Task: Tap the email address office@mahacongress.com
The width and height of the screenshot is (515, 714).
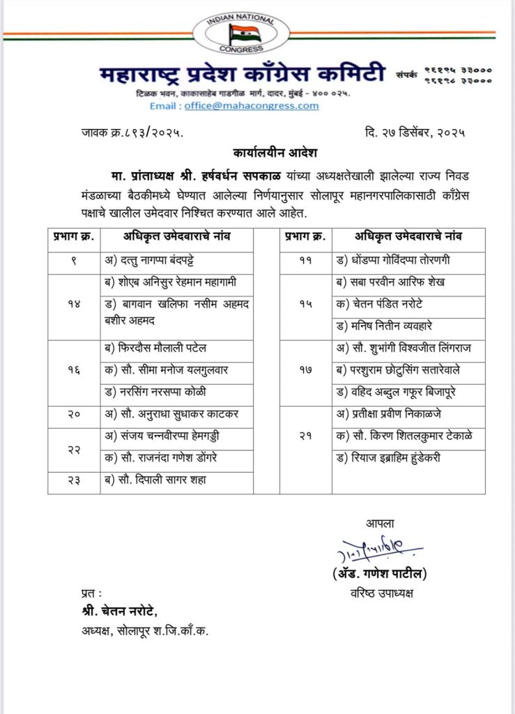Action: point(252,106)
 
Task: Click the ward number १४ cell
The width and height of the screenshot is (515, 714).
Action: point(75,305)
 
